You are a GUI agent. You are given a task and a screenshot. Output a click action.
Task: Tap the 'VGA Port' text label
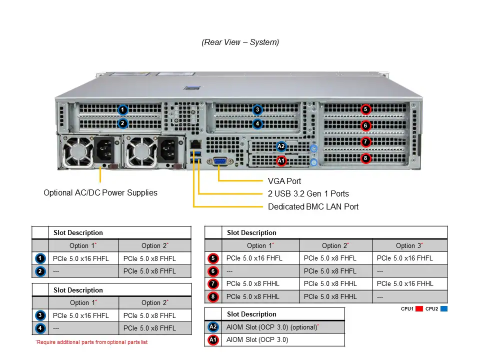pos(284,181)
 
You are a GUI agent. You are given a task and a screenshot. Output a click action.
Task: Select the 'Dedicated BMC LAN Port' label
pos(313,206)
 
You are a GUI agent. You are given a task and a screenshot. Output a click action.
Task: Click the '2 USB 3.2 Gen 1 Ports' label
pos(308,193)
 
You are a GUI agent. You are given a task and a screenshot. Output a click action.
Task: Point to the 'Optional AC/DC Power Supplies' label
pos(100,192)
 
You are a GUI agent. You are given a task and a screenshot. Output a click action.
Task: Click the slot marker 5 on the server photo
pos(365,109)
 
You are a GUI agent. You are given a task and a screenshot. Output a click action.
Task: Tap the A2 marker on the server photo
pos(281,146)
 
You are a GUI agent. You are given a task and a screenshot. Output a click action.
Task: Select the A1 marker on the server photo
pos(281,160)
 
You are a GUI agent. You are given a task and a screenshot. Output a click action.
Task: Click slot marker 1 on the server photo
pos(123,109)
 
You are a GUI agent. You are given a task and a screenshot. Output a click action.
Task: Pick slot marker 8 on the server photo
pos(365,158)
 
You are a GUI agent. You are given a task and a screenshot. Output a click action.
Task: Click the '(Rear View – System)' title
pos(240,42)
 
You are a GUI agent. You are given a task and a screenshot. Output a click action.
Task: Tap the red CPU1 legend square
pos(419,309)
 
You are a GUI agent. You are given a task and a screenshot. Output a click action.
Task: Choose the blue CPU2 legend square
pos(444,309)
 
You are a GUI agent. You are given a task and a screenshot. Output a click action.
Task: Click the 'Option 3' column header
pos(409,245)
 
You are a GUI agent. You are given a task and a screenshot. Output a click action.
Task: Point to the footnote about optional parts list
pos(91,342)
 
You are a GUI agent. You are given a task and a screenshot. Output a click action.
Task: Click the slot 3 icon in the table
pos(40,315)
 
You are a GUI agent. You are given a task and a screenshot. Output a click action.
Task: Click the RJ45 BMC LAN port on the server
pos(194,144)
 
